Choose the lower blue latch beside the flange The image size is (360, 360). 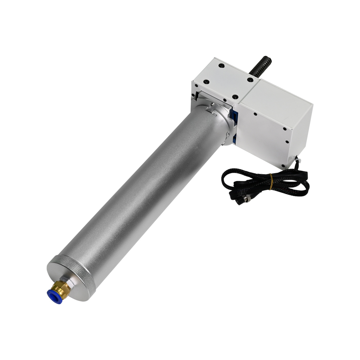pos(233,139)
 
